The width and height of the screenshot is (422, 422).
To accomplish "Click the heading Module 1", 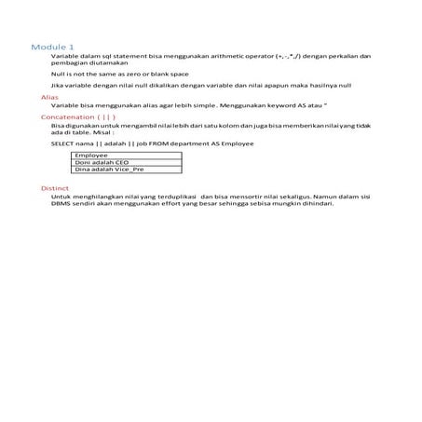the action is coord(53,46).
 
